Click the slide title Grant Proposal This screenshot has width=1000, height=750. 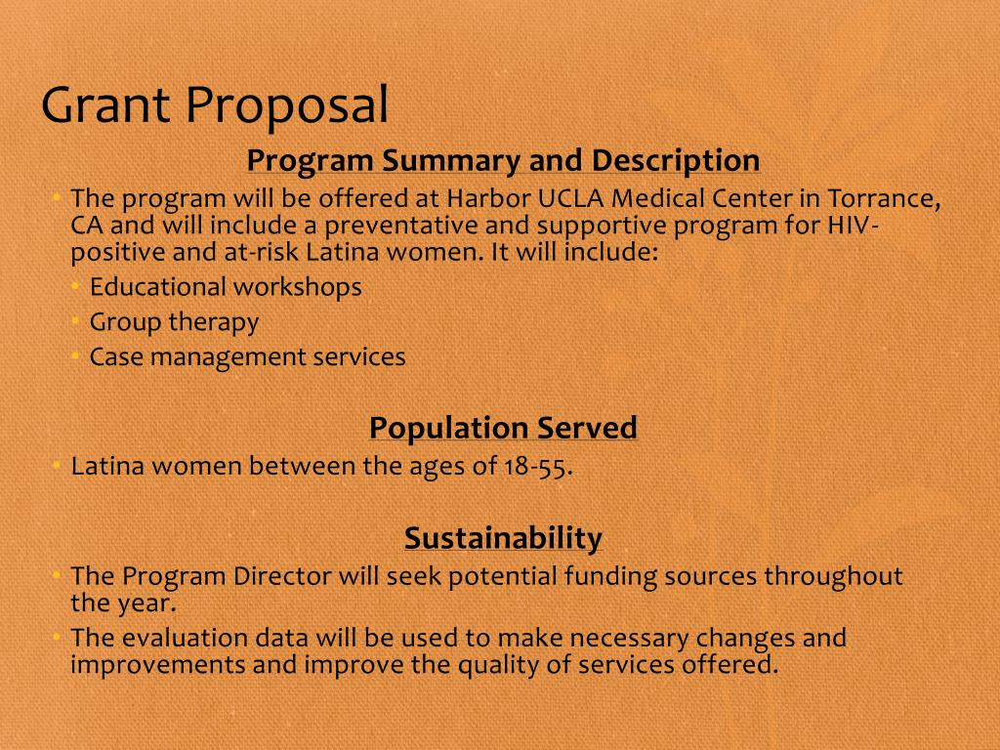[215, 105]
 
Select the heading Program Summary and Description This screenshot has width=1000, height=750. [503, 160]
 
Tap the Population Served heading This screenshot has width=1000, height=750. [503, 428]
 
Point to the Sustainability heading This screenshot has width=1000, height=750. [503, 538]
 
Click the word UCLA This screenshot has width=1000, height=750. [571, 198]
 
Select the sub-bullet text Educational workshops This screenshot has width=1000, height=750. [226, 287]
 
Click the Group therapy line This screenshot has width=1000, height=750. [174, 321]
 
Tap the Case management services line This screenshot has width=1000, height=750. [247, 356]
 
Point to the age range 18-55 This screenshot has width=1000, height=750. [536, 466]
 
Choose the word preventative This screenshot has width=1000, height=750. [400, 226]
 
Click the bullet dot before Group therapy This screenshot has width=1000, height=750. [75, 321]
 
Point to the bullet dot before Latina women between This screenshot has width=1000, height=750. [57, 466]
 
